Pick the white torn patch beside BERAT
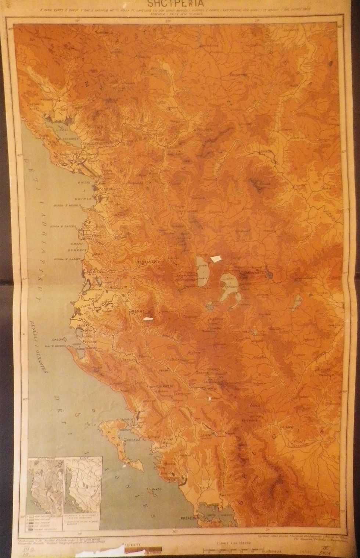coord(148,318)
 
